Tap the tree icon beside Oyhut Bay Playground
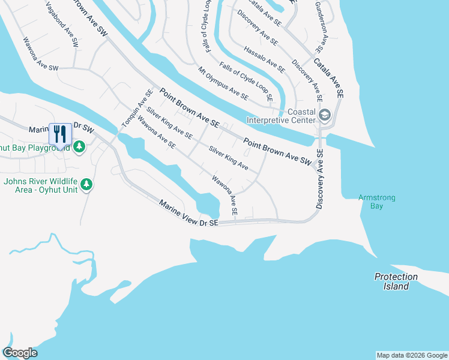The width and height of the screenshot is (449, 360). (79, 147)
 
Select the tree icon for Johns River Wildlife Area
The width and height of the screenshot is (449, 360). (87, 184)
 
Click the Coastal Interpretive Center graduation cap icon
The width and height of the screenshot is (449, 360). (325, 115)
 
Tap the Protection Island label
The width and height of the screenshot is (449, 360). (396, 281)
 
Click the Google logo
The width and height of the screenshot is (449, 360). (20, 353)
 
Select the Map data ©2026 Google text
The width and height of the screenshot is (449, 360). (411, 355)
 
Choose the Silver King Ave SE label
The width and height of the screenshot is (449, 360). (169, 123)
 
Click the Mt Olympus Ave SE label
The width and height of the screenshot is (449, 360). (223, 83)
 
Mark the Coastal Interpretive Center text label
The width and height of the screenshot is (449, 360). (293, 115)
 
